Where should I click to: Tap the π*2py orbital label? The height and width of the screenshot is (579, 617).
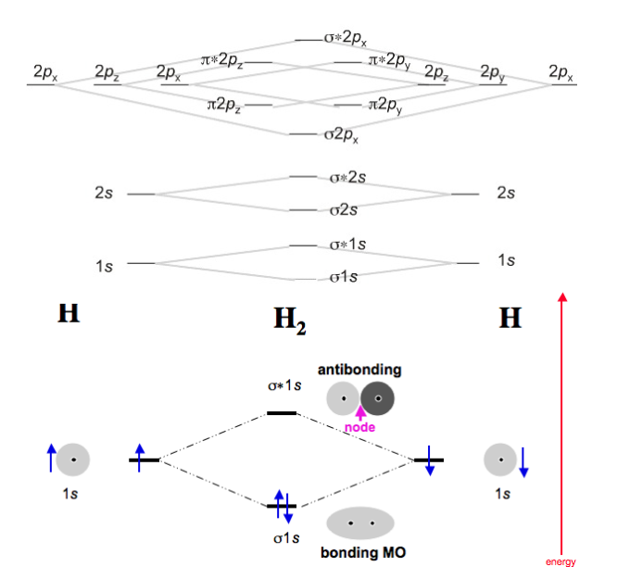(390, 60)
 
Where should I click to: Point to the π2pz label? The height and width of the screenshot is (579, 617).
(225, 106)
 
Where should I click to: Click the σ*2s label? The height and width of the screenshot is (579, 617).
(348, 176)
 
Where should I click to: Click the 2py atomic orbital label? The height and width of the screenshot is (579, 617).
(491, 71)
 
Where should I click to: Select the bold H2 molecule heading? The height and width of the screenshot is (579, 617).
(290, 321)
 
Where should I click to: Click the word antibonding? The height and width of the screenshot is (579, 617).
(359, 370)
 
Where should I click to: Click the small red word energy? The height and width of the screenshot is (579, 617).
(560, 562)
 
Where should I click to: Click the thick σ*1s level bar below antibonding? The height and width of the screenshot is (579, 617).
(282, 413)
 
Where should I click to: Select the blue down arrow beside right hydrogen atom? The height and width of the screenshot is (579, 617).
(523, 460)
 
